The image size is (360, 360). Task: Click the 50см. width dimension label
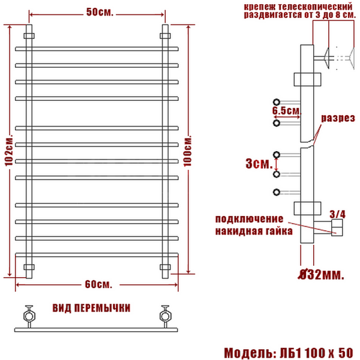(x=100, y=12)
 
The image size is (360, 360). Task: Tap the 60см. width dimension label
(x=99, y=284)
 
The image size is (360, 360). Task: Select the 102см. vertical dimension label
(x=9, y=149)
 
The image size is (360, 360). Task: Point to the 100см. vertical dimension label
(x=188, y=151)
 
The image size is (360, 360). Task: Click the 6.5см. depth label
(x=287, y=110)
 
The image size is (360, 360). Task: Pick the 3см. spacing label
(x=259, y=164)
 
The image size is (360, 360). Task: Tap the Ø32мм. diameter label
(x=321, y=274)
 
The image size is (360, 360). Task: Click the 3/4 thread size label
(x=337, y=214)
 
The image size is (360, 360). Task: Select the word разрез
(x=338, y=118)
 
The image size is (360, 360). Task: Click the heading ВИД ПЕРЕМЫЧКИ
(x=91, y=308)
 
